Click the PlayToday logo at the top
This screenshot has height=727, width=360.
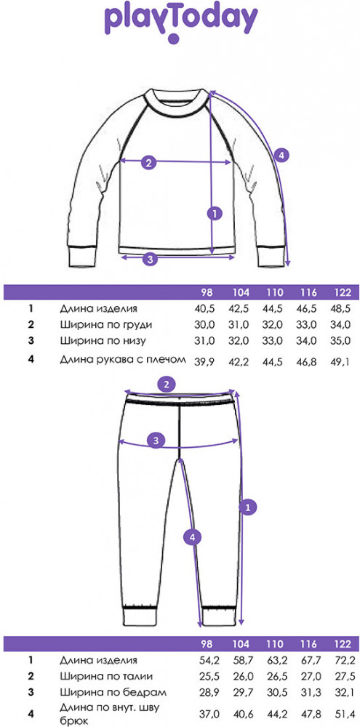pos(180,23)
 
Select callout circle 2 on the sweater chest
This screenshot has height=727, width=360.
pos(148,162)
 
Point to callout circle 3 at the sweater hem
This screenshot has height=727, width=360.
pos(149,260)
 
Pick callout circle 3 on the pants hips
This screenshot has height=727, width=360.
pos(156,440)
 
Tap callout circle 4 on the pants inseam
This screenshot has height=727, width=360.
pos(192,537)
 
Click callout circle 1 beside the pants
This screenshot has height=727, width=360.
pos(248,507)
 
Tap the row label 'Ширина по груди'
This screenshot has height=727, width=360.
pos(105,325)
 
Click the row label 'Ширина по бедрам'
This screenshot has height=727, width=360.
pos(113,693)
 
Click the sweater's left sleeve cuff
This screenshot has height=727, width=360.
pos(80,257)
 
